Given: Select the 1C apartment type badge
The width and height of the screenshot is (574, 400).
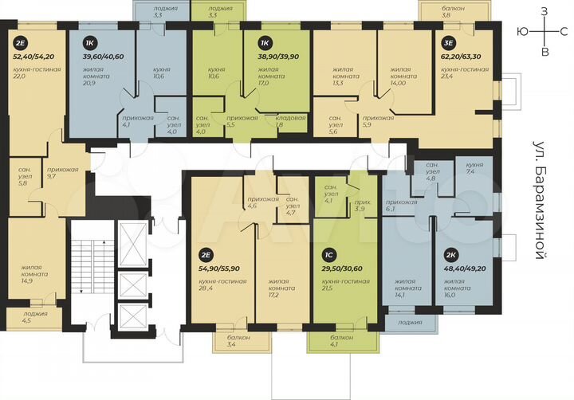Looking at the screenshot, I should tap(328, 257).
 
